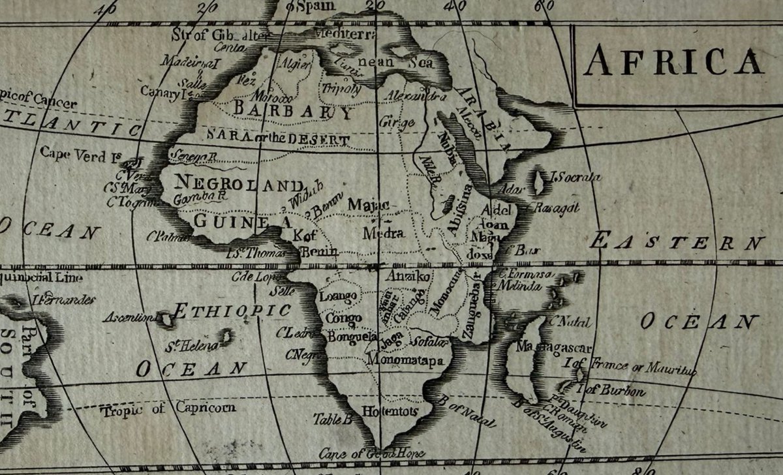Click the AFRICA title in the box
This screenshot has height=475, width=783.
pos(674,62)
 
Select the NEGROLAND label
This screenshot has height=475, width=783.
pos(240,184)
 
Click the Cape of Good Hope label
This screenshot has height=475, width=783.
pos(372,453)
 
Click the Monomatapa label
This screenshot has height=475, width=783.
pos(405,360)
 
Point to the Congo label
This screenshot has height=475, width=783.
pos(343,318)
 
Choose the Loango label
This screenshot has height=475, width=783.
pos(338,297)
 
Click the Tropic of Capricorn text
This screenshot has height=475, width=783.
pos(168,409)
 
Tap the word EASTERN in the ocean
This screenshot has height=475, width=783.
pos(677,243)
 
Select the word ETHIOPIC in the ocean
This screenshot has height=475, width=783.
pos(232,311)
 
